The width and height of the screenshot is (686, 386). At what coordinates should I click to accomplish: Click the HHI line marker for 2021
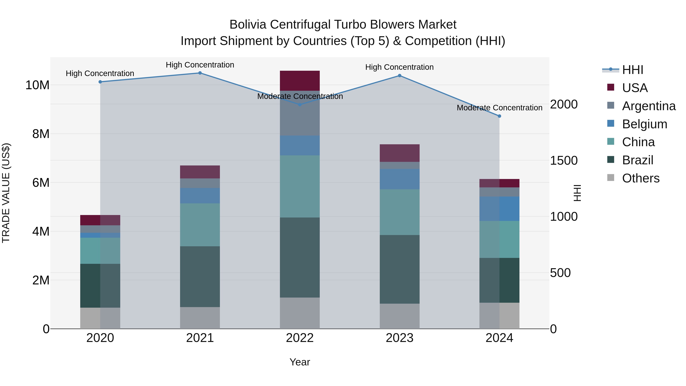(200, 73)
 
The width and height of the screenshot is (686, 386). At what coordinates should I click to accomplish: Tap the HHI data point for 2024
(499, 116)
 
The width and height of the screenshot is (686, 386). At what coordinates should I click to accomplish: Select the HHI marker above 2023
(399, 76)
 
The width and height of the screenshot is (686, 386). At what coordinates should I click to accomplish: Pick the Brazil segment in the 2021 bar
(200, 277)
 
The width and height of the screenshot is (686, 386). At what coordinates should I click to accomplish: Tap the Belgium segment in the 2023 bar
(399, 179)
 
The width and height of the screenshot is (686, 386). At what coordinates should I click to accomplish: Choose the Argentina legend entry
(649, 106)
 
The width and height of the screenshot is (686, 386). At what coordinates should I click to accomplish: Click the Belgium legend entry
(644, 124)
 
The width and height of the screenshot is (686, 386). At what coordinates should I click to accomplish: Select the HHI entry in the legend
(632, 70)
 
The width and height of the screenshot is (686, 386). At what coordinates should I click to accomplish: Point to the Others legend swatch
(611, 178)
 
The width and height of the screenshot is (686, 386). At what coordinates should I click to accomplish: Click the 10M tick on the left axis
(37, 85)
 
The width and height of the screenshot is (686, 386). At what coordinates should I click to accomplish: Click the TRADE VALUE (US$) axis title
(6, 193)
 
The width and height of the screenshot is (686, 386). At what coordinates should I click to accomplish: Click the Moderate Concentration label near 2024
(499, 108)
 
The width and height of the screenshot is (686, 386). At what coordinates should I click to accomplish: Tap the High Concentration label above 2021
(200, 65)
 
